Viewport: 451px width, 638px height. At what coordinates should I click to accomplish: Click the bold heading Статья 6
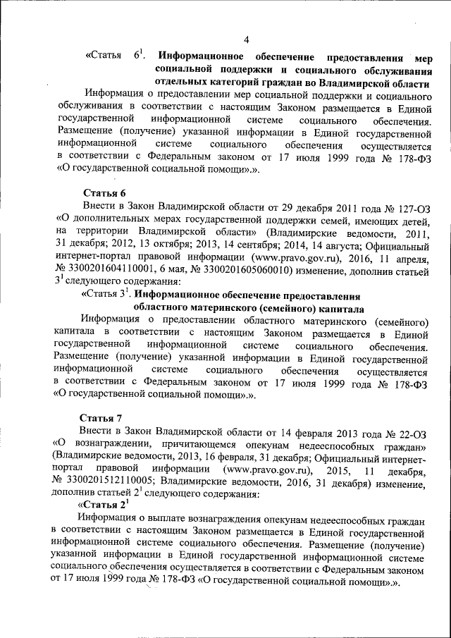tap(104, 192)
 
